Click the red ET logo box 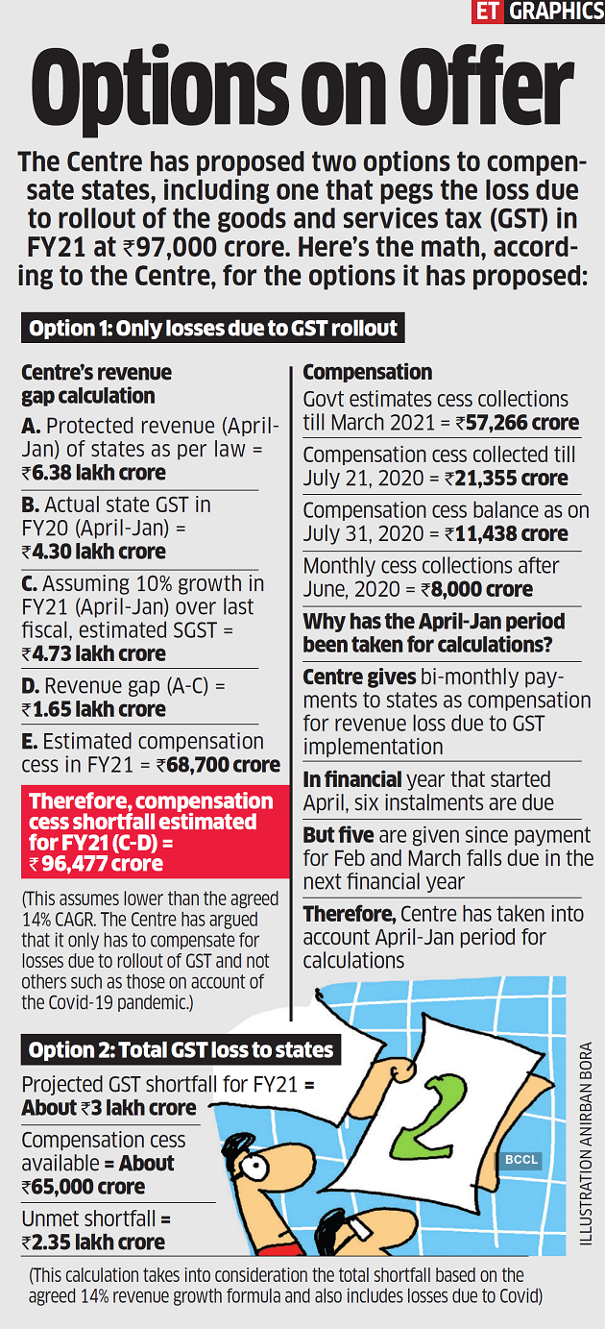(488, 12)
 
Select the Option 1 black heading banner (212, 329)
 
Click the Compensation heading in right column (368, 372)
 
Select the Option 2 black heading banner (181, 1050)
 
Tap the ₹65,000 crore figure (84, 1187)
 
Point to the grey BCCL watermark (522, 1161)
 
